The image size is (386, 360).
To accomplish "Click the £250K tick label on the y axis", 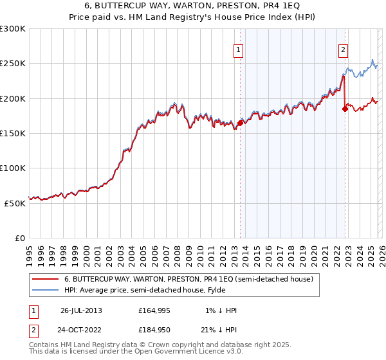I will (x=13, y=64).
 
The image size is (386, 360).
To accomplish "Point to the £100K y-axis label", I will (x=13, y=168).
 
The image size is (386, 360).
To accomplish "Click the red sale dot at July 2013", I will (x=240, y=123).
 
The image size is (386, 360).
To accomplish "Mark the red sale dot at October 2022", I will (x=345, y=109).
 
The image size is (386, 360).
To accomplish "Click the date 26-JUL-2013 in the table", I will (x=81, y=310).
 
